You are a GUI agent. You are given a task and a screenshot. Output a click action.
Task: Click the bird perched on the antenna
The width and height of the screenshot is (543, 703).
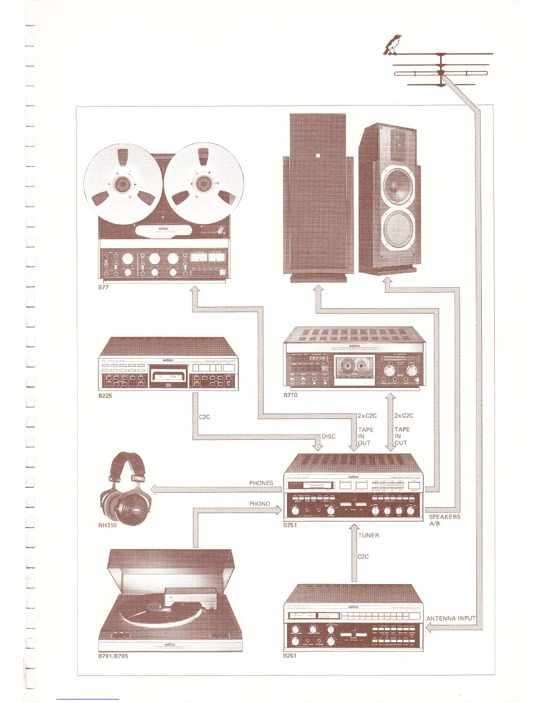click(392, 45)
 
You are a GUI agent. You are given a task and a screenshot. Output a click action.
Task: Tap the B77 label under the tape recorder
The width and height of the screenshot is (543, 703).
click(103, 287)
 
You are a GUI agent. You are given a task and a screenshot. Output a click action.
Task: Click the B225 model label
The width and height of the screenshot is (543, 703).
click(105, 396)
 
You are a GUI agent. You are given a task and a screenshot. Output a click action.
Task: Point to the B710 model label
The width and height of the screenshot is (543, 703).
click(291, 395)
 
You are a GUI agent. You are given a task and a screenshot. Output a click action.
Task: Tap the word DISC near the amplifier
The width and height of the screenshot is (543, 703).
click(329, 436)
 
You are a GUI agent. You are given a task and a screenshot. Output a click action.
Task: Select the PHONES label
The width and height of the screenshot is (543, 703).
click(261, 483)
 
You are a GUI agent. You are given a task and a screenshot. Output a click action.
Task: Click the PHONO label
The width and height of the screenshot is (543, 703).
click(260, 504)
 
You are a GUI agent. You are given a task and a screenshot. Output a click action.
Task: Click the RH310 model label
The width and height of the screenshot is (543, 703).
click(107, 525)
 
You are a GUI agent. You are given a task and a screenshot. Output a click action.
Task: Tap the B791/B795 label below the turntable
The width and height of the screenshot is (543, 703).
click(113, 656)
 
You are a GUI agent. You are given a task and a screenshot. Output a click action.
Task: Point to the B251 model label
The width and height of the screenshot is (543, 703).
click(290, 525)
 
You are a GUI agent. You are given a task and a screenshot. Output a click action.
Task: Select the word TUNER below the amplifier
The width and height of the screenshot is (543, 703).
click(369, 535)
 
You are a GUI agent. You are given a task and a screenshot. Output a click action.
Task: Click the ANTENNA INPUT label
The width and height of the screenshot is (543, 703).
click(451, 618)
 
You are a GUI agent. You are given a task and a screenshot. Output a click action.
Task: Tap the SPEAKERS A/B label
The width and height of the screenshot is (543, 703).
click(445, 520)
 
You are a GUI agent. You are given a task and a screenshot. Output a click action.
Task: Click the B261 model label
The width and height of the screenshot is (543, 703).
click(290, 656)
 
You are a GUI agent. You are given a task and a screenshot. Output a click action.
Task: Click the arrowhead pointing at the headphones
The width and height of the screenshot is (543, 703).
click(154, 490)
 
